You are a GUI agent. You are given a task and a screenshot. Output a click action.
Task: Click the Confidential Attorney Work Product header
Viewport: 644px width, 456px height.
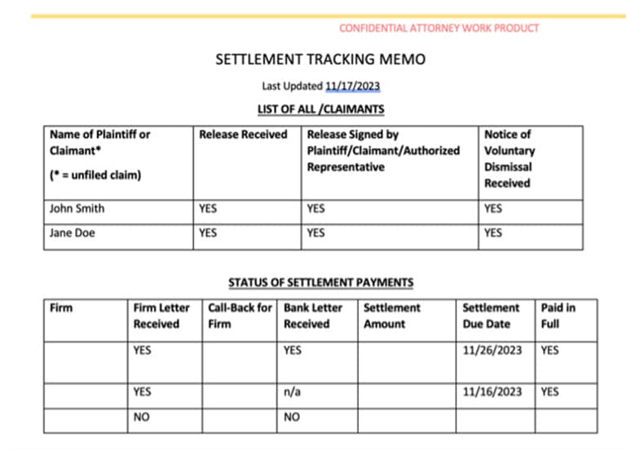tap(439, 28)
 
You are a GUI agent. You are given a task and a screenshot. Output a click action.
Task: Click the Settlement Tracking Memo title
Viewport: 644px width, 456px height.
tap(320, 60)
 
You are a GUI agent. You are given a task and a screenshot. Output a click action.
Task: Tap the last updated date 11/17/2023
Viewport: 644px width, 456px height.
tap(352, 86)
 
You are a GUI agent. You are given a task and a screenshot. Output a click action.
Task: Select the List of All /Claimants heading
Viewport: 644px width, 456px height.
tap(320, 108)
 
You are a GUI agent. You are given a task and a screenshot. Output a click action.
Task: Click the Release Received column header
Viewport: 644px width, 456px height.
tap(243, 135)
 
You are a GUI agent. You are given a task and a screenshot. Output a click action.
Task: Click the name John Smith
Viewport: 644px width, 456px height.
tap(77, 208)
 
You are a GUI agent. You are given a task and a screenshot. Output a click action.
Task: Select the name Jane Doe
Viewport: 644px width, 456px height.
tap(73, 232)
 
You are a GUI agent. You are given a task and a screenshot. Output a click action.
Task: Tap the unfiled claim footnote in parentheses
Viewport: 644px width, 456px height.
tap(95, 175)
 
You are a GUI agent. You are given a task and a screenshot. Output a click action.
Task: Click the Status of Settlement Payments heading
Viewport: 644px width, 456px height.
tap(320, 283)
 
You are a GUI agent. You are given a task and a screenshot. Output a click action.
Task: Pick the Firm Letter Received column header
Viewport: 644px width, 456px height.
tap(161, 316)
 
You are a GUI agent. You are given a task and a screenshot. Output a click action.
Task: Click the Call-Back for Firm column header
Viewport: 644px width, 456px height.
tap(240, 316)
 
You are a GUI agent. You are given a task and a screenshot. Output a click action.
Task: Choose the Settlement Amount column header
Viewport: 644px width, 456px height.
tap(391, 316)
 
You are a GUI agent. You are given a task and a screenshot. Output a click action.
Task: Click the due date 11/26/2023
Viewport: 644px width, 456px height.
tap(492, 350)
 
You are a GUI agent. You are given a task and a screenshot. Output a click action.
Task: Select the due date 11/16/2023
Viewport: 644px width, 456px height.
tap(492, 392)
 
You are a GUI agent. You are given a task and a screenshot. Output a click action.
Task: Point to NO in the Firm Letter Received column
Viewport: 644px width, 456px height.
tap(141, 418)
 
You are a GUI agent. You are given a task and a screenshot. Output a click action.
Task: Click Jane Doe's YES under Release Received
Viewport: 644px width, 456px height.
tap(208, 232)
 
